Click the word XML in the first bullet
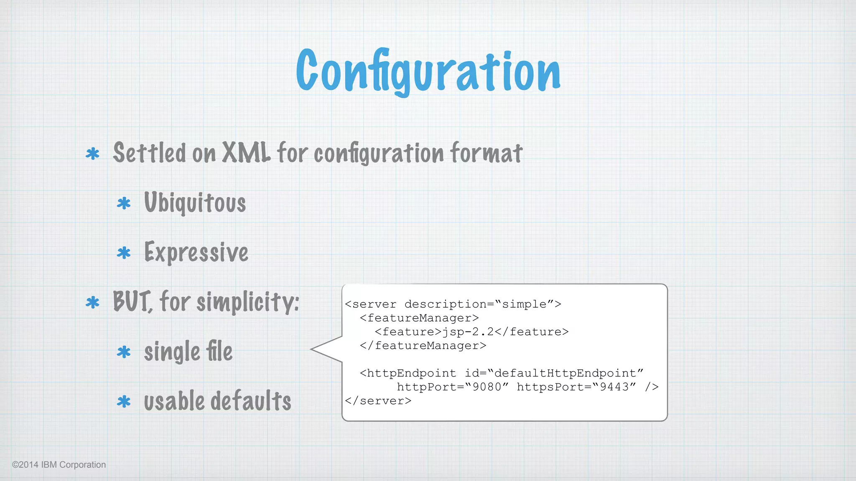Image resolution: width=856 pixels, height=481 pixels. [x=246, y=153]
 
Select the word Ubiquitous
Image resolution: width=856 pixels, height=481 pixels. [x=195, y=203]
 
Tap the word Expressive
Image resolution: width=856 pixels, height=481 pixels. [x=196, y=253]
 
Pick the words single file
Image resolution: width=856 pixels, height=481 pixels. [x=188, y=352]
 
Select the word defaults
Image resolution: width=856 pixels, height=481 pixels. [x=250, y=401]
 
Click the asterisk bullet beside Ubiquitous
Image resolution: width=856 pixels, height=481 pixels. [x=124, y=204]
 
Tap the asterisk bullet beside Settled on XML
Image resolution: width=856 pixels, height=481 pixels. [x=92, y=154]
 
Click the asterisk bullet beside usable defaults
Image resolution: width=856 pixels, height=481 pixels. [x=124, y=402]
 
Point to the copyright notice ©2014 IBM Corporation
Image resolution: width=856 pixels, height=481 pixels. [x=59, y=465]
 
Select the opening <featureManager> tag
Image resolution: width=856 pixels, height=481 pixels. [x=419, y=318]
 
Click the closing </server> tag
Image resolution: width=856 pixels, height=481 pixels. [x=378, y=401]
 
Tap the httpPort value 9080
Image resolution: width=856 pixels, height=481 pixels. [x=487, y=387]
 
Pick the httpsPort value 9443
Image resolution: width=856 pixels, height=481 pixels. [x=614, y=387]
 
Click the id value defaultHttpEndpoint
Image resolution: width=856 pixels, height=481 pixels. [x=566, y=373]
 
